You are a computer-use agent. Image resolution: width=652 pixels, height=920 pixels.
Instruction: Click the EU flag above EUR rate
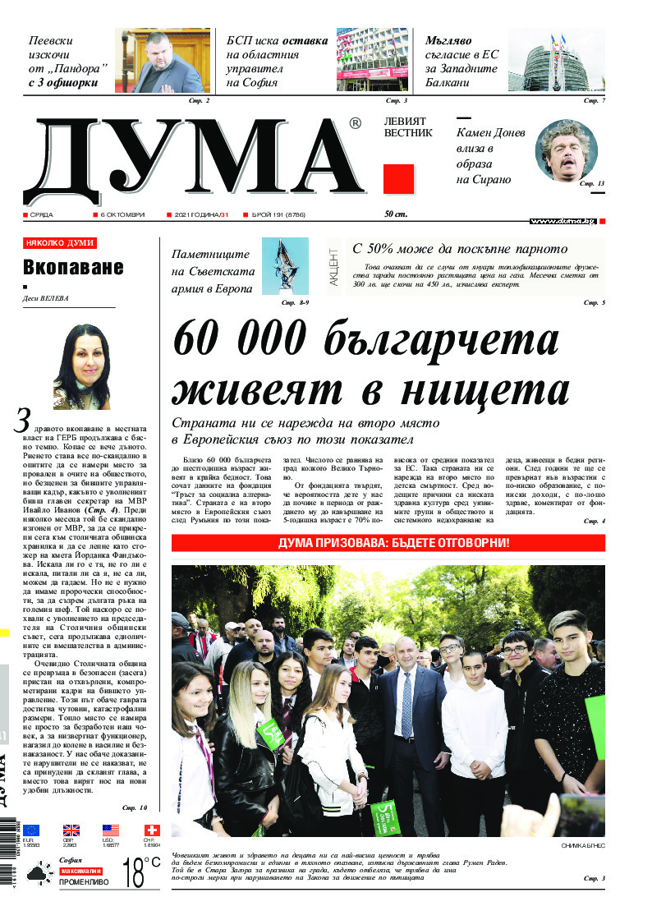tap(31, 830)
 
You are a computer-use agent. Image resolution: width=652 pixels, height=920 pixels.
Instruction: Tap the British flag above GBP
tap(71, 830)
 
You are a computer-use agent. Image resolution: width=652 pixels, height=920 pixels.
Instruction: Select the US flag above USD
tap(111, 830)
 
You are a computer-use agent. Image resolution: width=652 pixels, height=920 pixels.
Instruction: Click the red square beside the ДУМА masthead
tap(398, 178)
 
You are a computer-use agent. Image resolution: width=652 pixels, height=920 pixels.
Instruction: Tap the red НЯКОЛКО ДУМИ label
tap(60, 243)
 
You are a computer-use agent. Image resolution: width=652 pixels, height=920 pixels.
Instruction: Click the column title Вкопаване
tap(73, 267)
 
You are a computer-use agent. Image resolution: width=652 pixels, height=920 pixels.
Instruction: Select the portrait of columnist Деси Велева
tap(82, 366)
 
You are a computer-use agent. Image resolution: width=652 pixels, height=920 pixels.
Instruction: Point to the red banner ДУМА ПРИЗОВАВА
tap(388, 543)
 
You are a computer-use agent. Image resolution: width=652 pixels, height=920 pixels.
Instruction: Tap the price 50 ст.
tap(396, 214)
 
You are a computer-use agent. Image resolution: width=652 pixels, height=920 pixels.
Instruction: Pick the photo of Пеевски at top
tap(162, 62)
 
